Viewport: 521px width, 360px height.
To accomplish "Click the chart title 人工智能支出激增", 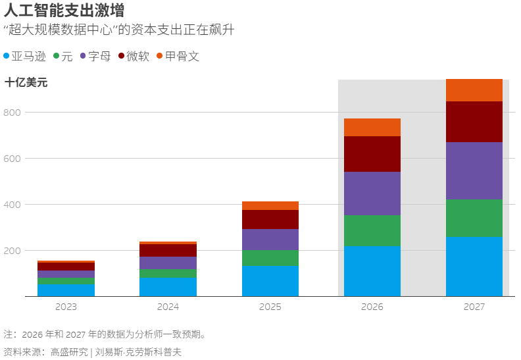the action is [64, 11].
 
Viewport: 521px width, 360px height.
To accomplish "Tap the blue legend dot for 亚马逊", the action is [7, 56].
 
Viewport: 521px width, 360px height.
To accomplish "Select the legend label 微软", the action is [137, 56].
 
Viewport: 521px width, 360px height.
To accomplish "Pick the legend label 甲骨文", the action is [182, 56].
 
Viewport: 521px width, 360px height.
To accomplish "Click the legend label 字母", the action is [99, 56].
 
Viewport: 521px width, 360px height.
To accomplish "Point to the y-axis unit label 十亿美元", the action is [26, 82].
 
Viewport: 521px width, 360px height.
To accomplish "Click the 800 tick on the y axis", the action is [12, 113].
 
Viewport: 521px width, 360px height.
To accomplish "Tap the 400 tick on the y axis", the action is [12, 205].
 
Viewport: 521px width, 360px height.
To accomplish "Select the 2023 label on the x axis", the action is [66, 307].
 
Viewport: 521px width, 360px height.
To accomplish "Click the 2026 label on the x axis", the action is [372, 307].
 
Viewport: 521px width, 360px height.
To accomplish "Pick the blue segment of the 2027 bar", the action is [474, 267].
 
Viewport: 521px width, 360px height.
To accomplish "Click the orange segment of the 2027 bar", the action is [474, 90].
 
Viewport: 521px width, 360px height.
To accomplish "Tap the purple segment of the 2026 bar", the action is [372, 193].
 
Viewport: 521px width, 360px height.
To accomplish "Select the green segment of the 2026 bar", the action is [372, 231].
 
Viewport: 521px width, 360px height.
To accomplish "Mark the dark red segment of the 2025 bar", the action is [270, 219].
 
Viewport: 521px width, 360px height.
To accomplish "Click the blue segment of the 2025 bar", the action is [270, 281].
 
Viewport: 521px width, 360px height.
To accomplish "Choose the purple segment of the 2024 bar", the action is [168, 263].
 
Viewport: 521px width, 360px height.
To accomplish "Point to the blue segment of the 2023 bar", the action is [66, 290].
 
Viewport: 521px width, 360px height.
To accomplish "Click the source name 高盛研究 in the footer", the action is [69, 351].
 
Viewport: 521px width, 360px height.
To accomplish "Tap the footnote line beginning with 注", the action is [105, 334].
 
